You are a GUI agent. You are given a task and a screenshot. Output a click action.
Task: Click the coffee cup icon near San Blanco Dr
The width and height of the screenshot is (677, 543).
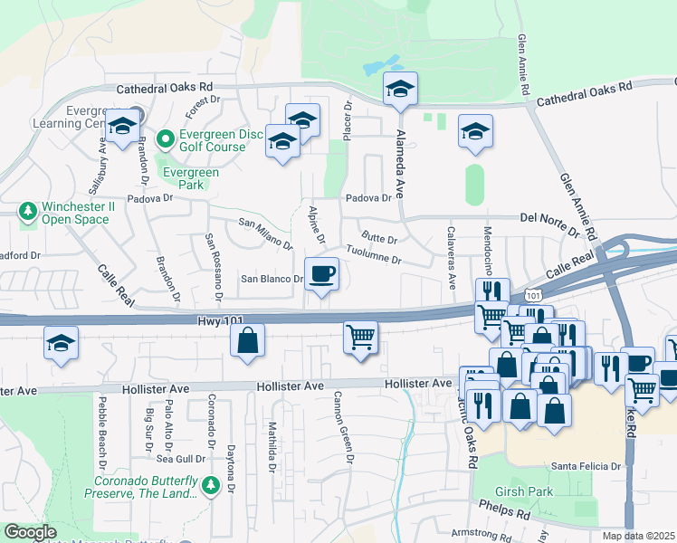[x=321, y=273]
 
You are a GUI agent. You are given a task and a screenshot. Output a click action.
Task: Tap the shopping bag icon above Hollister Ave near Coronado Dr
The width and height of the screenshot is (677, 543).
[x=246, y=341]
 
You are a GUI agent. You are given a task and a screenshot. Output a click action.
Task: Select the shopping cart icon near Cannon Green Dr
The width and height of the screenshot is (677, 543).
[x=360, y=338]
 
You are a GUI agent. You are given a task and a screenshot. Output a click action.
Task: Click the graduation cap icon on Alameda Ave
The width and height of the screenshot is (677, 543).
[x=400, y=88]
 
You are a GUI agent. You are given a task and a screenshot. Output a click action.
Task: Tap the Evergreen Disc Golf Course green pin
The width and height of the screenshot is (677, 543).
[x=165, y=139]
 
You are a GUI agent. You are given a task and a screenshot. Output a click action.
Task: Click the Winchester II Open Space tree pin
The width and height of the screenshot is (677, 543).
[x=28, y=212]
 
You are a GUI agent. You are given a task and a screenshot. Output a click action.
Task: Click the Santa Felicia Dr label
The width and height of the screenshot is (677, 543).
[x=588, y=466]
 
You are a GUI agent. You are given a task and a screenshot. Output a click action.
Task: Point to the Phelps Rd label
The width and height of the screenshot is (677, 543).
[x=511, y=513]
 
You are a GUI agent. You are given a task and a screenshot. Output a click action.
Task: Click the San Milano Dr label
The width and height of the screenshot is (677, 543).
[x=266, y=233]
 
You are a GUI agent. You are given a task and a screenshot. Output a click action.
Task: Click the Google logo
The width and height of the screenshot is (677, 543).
[x=30, y=532]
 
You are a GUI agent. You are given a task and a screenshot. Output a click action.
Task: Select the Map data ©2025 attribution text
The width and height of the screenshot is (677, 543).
[x=638, y=536]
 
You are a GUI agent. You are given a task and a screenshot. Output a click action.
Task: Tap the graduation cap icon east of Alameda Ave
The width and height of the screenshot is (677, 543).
[x=475, y=131]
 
